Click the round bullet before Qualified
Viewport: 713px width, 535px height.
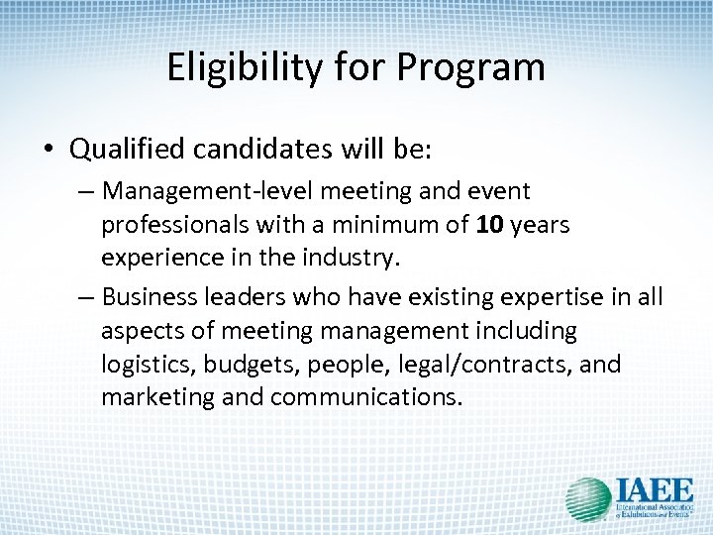tap(49, 150)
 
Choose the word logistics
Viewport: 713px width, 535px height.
tap(149, 365)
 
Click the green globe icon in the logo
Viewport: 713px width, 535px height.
tap(588, 499)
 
